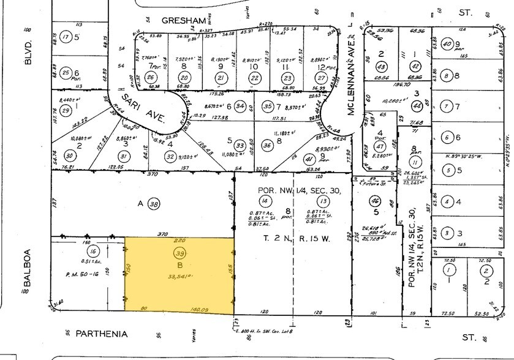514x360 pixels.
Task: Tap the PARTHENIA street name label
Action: tap(102, 334)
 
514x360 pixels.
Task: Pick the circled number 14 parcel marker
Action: tap(264, 201)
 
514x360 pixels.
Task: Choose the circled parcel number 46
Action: tap(374, 201)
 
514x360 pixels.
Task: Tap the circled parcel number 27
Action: tap(322, 77)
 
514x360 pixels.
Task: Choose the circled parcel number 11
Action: tap(415, 163)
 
